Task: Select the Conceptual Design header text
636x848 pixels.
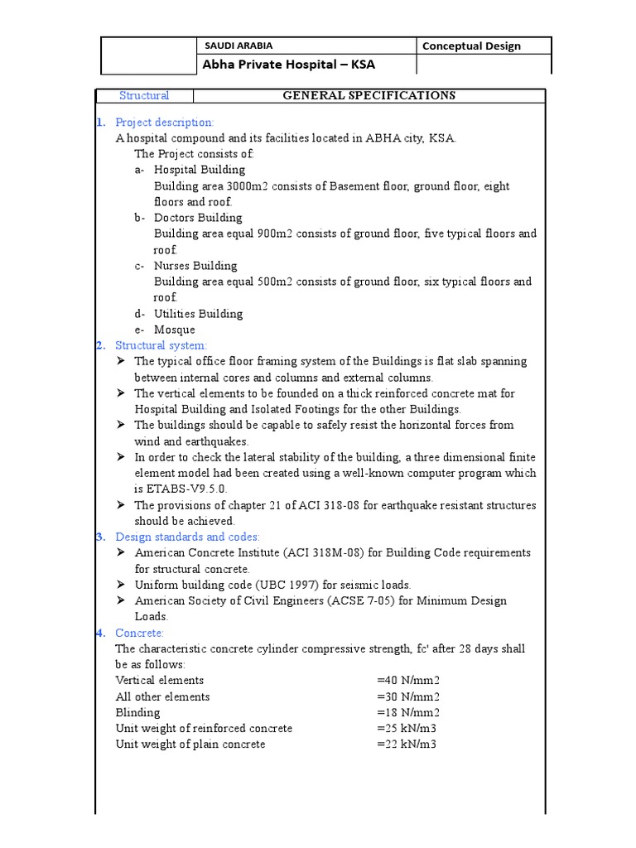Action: click(x=471, y=46)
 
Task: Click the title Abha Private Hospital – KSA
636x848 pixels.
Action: click(x=283, y=65)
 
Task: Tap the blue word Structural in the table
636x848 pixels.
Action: click(x=144, y=96)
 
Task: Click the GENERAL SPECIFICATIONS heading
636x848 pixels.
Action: click(x=369, y=96)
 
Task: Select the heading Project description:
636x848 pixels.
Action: click(x=164, y=123)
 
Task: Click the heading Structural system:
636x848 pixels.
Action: click(x=161, y=345)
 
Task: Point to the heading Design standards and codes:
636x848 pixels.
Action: click(x=187, y=537)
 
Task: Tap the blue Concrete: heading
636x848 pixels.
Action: click(x=140, y=633)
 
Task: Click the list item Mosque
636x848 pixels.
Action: click(x=175, y=330)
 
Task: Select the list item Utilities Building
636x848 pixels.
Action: click(x=198, y=314)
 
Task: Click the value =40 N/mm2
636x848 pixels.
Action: click(x=408, y=681)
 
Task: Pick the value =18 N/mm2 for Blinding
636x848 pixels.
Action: click(x=408, y=712)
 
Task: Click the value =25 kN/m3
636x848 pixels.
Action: click(x=406, y=729)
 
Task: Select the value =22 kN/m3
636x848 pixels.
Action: click(x=406, y=744)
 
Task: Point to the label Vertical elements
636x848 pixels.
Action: click(x=159, y=681)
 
